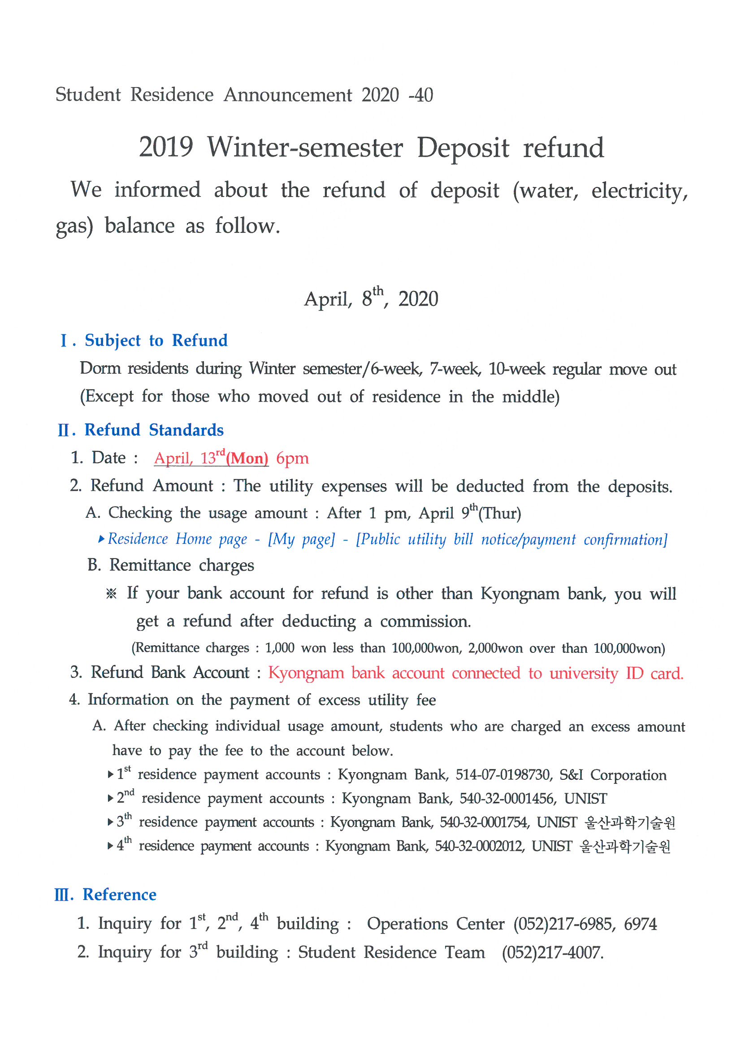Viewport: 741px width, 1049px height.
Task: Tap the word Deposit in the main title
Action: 463,148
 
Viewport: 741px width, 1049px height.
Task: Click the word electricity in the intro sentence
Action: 639,191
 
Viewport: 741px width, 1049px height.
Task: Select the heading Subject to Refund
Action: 156,341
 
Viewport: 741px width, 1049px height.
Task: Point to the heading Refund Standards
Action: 154,430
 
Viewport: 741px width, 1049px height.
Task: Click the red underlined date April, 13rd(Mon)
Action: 211,458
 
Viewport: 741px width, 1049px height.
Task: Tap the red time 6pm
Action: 292,458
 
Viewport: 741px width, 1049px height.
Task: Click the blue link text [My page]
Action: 301,540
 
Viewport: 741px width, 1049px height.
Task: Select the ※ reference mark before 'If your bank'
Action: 111,594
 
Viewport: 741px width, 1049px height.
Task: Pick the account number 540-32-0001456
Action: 507,799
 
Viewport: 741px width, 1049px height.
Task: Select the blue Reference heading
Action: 119,895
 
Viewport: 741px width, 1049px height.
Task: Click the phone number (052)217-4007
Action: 552,953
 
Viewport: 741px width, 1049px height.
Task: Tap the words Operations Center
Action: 436,924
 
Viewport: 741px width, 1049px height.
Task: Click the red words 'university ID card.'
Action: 616,673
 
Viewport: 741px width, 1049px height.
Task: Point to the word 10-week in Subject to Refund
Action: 516,369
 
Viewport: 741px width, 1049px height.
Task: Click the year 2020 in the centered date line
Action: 418,299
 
